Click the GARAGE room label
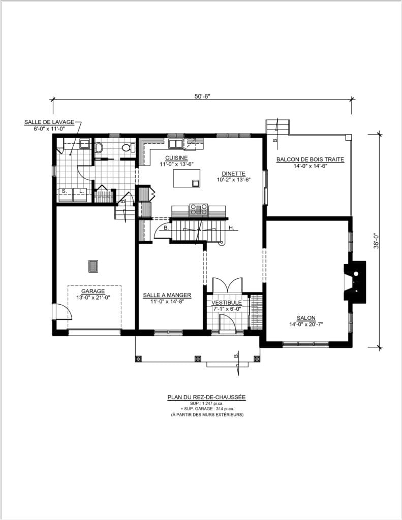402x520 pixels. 93,291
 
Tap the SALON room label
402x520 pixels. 306,318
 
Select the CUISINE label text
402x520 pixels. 176,158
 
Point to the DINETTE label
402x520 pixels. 234,174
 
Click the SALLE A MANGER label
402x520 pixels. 167,295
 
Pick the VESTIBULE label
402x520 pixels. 227,303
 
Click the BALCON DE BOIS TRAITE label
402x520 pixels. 311,159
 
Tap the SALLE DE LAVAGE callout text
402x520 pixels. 49,122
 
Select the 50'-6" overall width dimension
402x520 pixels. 202,96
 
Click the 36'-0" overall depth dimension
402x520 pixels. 376,241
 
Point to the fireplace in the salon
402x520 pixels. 355,282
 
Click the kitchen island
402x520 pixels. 187,178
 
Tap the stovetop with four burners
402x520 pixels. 199,210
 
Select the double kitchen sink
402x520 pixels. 175,143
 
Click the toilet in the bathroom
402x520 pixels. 128,148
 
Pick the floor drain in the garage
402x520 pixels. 94,266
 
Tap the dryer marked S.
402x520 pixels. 66,194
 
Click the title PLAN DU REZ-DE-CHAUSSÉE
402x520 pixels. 206,397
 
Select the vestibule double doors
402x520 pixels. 227,285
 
